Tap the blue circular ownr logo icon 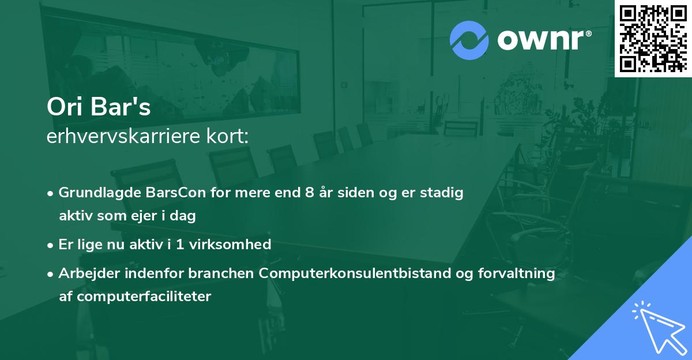(x=469, y=40)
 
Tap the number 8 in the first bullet (x=310, y=193)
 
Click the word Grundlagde (x=94, y=193)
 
